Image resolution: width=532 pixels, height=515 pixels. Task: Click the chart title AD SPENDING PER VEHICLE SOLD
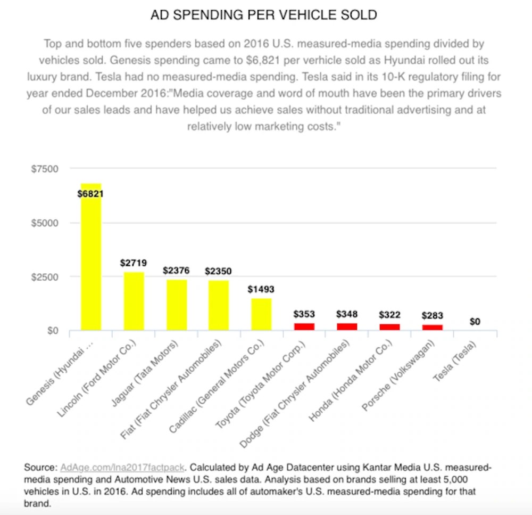point(264,15)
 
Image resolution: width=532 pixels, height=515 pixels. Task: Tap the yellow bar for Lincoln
point(134,301)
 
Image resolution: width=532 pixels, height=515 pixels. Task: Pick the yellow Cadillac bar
point(261,315)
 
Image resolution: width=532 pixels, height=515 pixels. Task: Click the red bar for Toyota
point(304,326)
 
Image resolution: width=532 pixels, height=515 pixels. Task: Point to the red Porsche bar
point(432,327)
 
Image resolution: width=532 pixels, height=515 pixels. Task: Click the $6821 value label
point(90,194)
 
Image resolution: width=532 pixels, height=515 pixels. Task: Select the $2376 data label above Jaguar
point(176,271)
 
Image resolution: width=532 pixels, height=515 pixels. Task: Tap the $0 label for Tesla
point(475,322)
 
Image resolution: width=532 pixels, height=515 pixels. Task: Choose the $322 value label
point(389,315)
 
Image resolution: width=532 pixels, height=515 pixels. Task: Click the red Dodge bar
point(346,326)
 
